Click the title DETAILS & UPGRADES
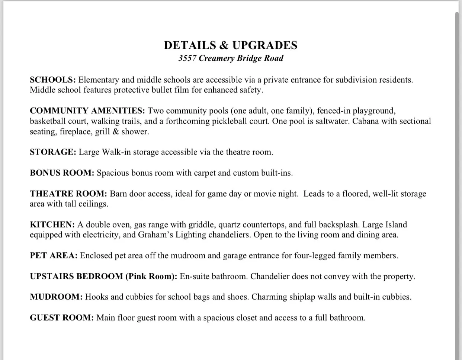pyautogui.click(x=231, y=45)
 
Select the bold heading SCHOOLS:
pyautogui.click(x=53, y=80)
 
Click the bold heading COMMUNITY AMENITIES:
pyautogui.click(x=87, y=111)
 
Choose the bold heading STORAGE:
pyautogui.click(x=53, y=152)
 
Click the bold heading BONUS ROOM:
pyautogui.click(x=62, y=173)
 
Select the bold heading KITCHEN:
pyautogui.click(x=52, y=225)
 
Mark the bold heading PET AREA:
pyautogui.click(x=54, y=256)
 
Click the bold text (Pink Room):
pyautogui.click(x=151, y=277)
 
